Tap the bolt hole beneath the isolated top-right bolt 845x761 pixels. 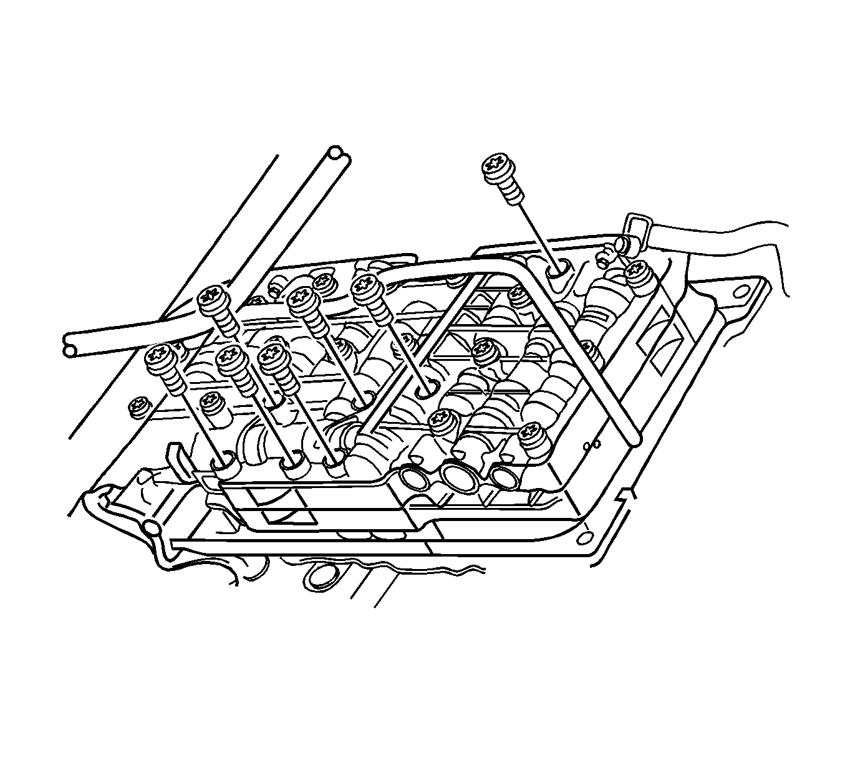[x=558, y=269]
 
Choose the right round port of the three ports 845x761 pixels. [x=504, y=476]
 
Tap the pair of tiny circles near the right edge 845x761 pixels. [x=592, y=444]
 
